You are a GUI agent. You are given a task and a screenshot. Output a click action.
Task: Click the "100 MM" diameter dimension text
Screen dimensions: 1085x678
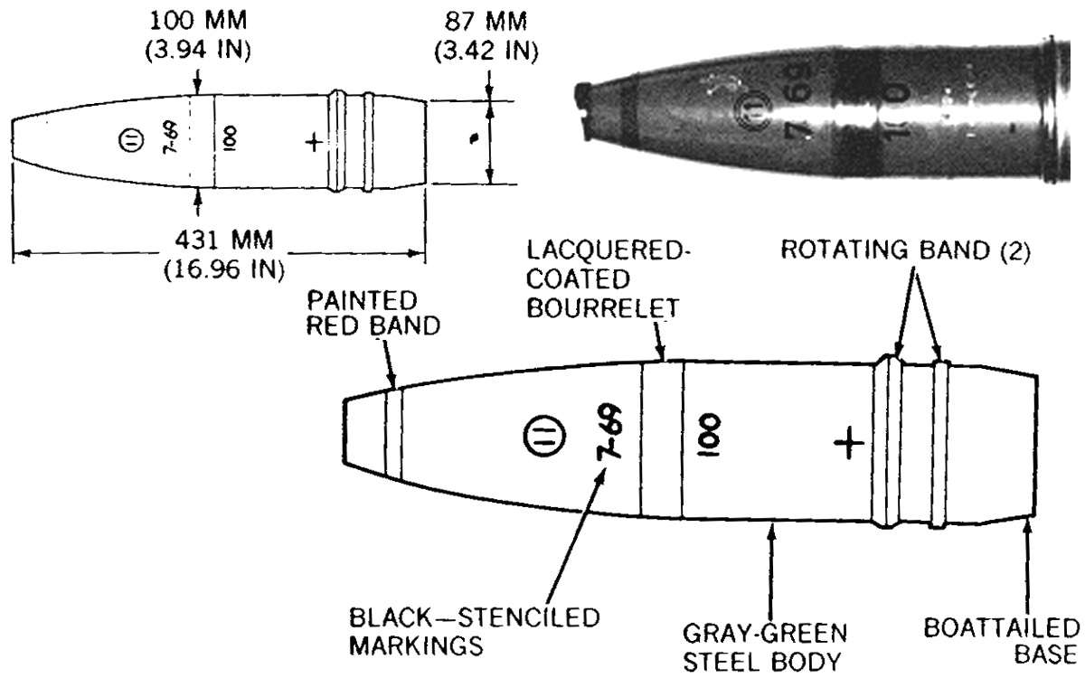click(x=198, y=21)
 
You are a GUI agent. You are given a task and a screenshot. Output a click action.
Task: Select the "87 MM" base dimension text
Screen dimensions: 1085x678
click(x=486, y=22)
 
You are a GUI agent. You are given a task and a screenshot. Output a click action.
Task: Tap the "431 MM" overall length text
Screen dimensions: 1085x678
click(x=224, y=240)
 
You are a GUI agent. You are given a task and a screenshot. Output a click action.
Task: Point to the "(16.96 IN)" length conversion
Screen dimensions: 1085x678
click(x=224, y=269)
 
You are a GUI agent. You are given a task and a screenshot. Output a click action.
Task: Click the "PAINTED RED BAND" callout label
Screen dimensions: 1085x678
click(x=373, y=313)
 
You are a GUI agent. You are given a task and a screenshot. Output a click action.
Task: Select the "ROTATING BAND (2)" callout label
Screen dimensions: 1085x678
click(x=905, y=250)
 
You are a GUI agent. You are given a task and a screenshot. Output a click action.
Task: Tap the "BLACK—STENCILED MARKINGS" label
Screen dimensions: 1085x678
click(x=474, y=632)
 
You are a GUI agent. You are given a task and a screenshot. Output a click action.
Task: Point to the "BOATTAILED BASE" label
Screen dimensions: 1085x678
click(x=1002, y=641)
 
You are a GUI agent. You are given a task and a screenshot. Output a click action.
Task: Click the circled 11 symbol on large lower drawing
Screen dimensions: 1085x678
click(x=544, y=436)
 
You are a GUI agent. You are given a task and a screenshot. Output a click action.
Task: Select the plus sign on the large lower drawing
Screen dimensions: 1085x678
click(x=849, y=443)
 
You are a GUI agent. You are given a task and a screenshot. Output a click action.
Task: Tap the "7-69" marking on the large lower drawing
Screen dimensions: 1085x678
click(x=609, y=432)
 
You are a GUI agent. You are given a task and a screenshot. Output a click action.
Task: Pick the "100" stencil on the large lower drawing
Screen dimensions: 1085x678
click(x=708, y=435)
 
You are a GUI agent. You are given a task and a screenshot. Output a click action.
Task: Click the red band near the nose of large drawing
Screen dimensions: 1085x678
click(x=393, y=434)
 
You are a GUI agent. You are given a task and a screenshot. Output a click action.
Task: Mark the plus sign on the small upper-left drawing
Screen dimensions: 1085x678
click(x=314, y=143)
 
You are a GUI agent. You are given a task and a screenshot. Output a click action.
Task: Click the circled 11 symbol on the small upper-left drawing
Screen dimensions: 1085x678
click(x=131, y=141)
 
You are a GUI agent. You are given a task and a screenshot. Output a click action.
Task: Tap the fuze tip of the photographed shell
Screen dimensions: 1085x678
click(x=583, y=112)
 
